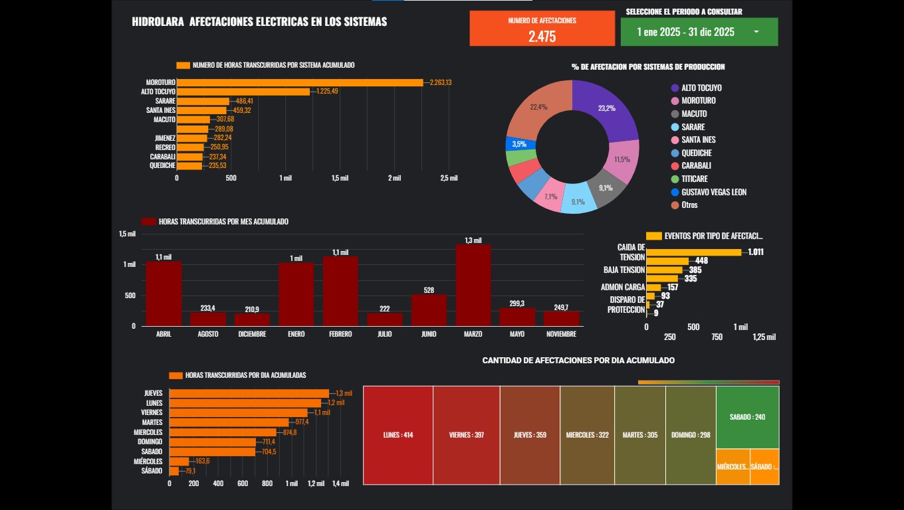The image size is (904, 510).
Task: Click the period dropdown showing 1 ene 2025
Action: pyautogui.click(x=699, y=32)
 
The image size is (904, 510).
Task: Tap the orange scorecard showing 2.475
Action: pyautogui.click(x=542, y=29)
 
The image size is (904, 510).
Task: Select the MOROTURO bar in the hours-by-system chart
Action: pyautogui.click(x=299, y=82)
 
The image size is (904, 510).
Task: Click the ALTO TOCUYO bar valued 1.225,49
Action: pyautogui.click(x=243, y=92)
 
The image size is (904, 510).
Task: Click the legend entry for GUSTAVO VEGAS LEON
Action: pyautogui.click(x=713, y=192)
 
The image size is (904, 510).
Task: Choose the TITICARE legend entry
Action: pyautogui.click(x=694, y=179)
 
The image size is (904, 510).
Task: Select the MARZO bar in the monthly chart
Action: pyautogui.click(x=473, y=285)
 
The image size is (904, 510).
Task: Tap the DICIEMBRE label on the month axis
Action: pyautogui.click(x=252, y=334)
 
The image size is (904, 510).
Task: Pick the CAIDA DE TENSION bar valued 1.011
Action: pyautogui.click(x=693, y=252)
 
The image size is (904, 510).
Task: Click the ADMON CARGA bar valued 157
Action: pyautogui.click(x=653, y=288)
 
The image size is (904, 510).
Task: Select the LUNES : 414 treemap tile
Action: pyautogui.click(x=398, y=435)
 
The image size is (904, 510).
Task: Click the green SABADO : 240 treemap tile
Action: pyautogui.click(x=747, y=417)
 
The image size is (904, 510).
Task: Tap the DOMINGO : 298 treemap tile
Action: pyautogui.click(x=691, y=435)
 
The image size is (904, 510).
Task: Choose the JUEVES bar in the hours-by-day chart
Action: pyautogui.click(x=249, y=393)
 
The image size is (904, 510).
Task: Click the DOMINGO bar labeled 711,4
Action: pyautogui.click(x=213, y=442)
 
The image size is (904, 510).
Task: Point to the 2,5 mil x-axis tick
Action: pyautogui.click(x=449, y=178)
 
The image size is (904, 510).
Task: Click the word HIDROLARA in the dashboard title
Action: pyautogui.click(x=158, y=22)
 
